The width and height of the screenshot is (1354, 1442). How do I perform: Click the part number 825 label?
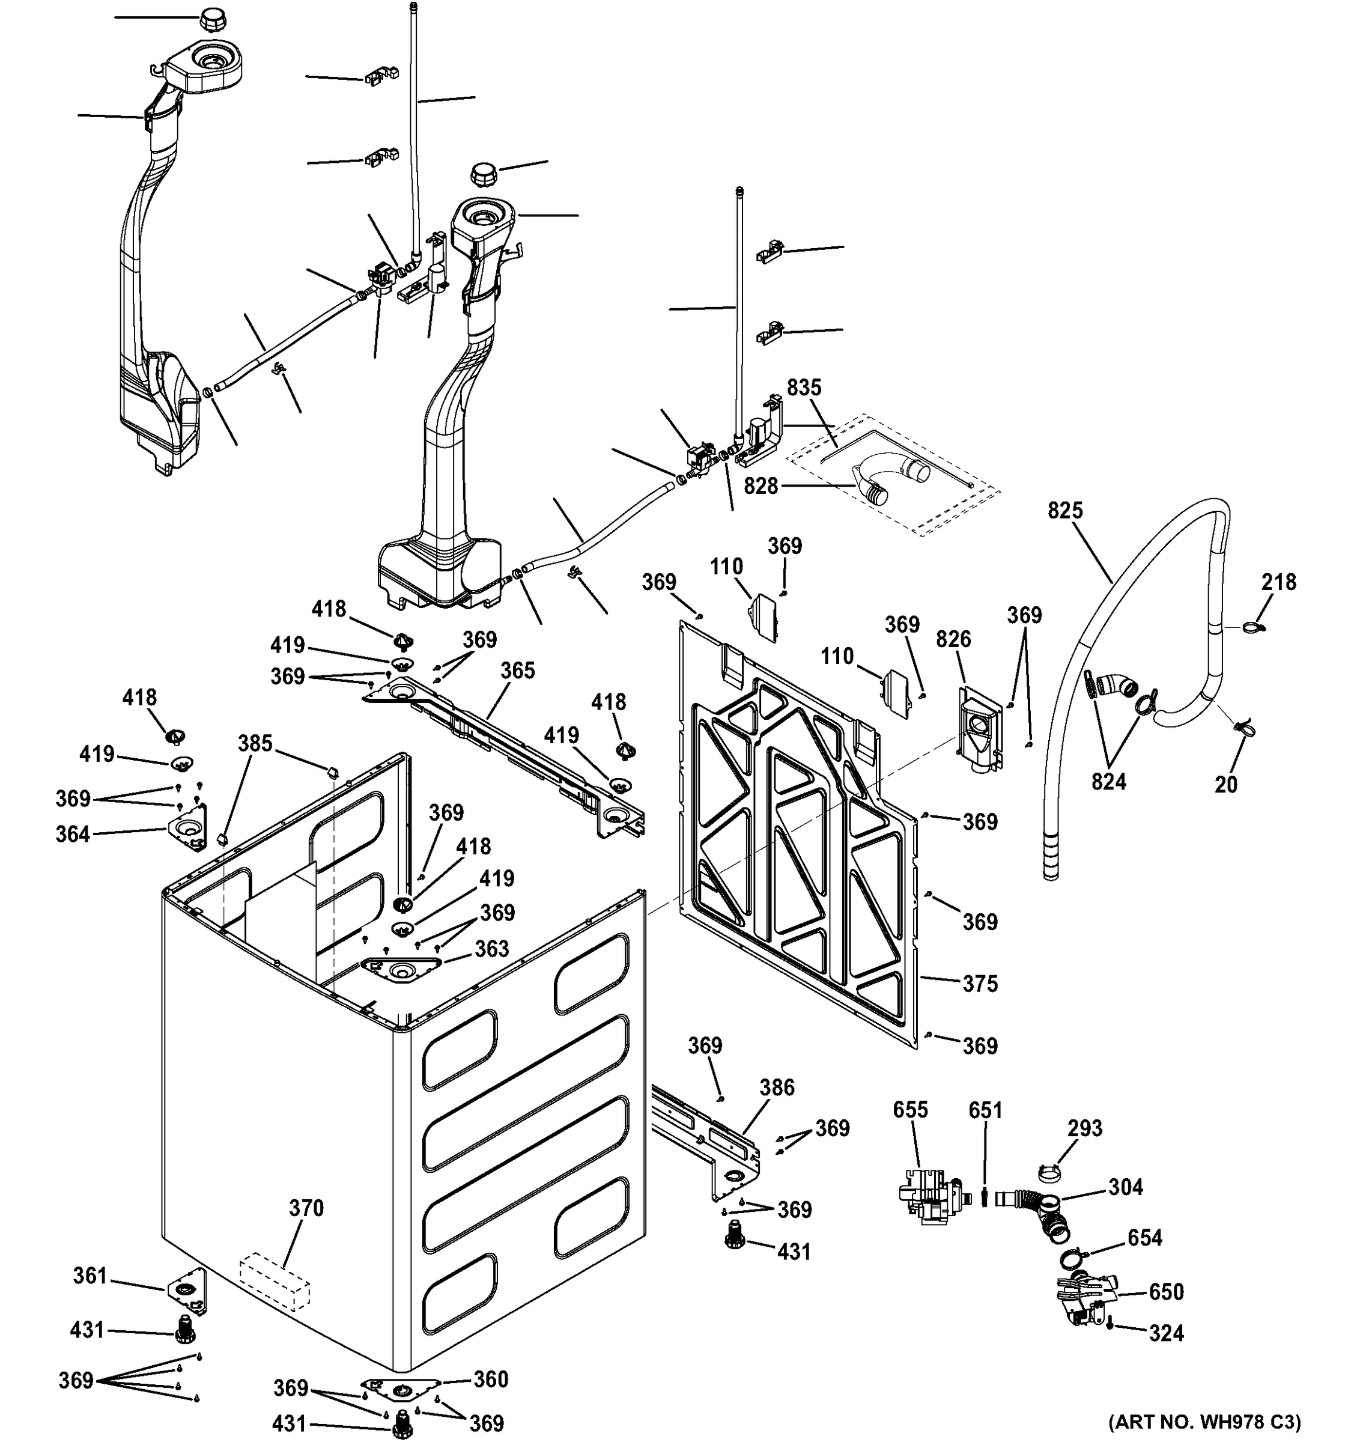(x=1064, y=511)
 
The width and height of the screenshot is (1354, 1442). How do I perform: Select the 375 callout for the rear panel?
(x=980, y=984)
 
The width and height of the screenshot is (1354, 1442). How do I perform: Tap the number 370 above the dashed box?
(x=306, y=1208)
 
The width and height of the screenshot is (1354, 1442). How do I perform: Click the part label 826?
(x=953, y=639)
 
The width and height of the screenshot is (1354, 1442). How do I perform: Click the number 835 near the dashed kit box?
(x=804, y=388)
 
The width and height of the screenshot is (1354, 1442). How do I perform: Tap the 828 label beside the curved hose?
(x=760, y=486)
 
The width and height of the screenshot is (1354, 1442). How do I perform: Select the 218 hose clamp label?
(x=1278, y=582)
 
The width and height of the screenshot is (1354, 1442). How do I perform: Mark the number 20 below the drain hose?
(x=1225, y=785)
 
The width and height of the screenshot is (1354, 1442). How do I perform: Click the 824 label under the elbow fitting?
(x=1109, y=781)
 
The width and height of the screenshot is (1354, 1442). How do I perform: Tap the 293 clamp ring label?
(x=1085, y=1128)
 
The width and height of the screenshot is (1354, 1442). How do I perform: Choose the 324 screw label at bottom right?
(x=1166, y=1333)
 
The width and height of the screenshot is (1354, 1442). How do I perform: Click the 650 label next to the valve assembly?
(x=1166, y=1292)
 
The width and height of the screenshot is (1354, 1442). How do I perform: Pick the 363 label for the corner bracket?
(x=492, y=949)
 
